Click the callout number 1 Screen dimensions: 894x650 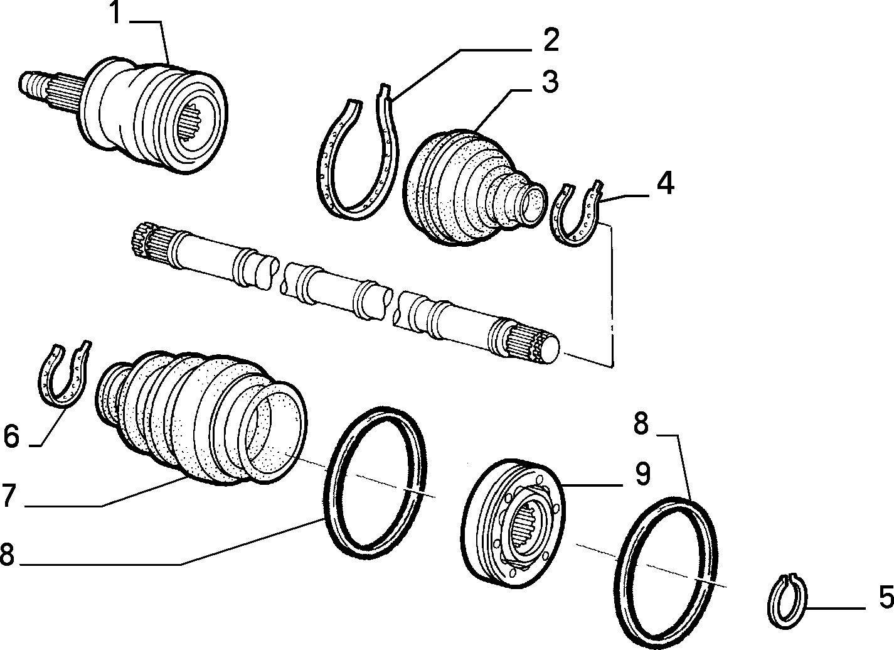pos(115,12)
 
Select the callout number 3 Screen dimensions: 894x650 pos(550,82)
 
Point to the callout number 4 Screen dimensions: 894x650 pos(665,183)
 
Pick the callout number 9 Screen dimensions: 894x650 pos(642,475)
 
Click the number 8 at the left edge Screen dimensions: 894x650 pos(8,553)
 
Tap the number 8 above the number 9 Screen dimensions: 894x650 pos(641,424)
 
